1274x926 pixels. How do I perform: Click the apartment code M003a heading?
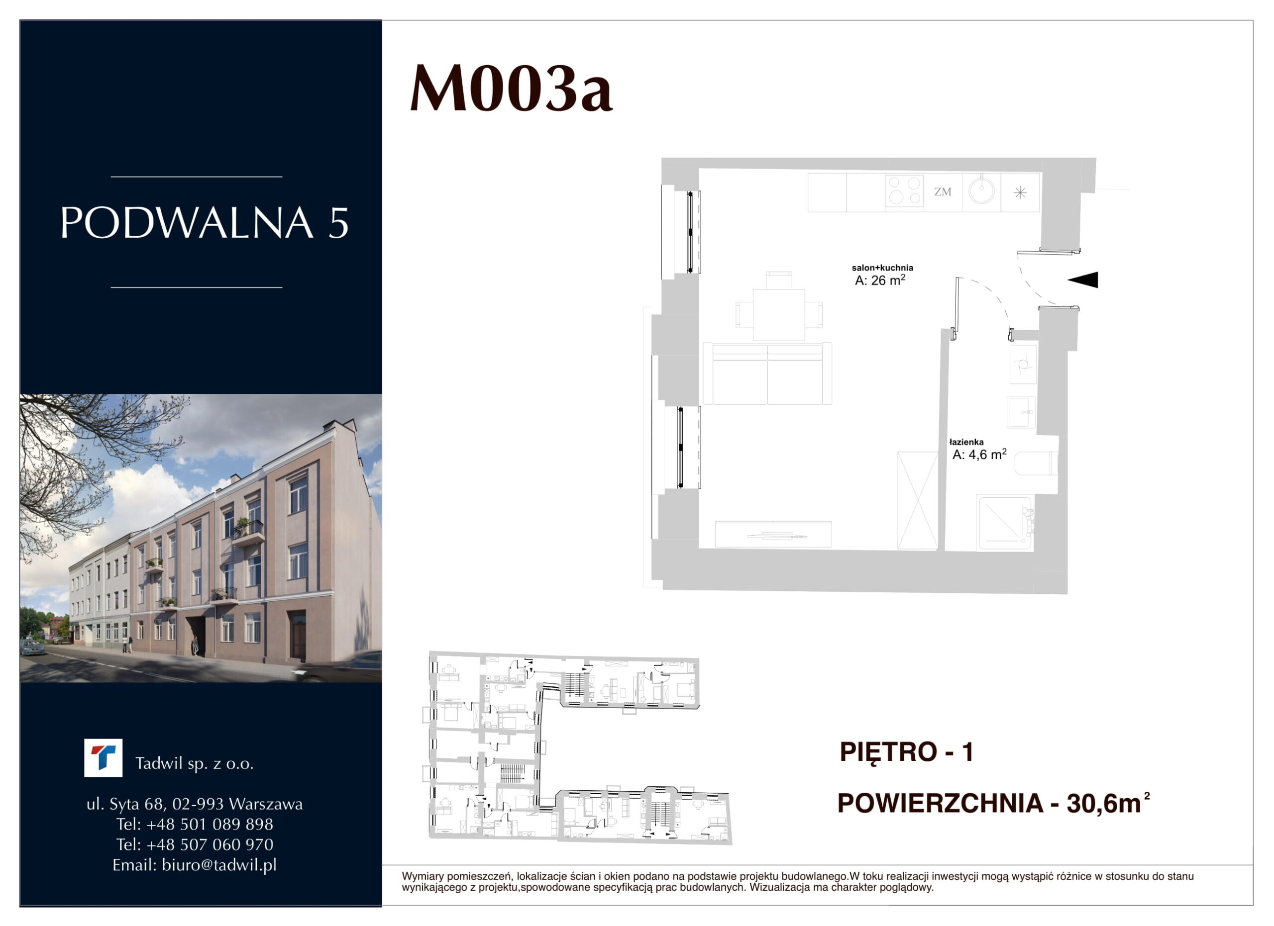[511, 89]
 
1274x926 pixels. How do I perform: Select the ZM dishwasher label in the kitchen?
[943, 192]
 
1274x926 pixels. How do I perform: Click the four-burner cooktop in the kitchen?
[904, 191]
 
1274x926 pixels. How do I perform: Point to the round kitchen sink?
[981, 191]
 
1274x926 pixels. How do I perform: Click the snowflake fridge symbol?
[1020, 193]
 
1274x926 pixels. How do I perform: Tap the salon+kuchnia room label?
[882, 268]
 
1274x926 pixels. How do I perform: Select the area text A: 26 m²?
[880, 280]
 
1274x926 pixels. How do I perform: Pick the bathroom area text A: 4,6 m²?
[979, 454]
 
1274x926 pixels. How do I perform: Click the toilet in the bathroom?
[1037, 463]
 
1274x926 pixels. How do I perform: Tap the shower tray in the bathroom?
[1005, 523]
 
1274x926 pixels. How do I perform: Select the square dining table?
[778, 314]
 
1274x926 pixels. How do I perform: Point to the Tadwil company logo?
[104, 757]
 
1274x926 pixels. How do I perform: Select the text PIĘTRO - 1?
[907, 752]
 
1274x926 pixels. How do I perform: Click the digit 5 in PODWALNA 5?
[338, 223]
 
